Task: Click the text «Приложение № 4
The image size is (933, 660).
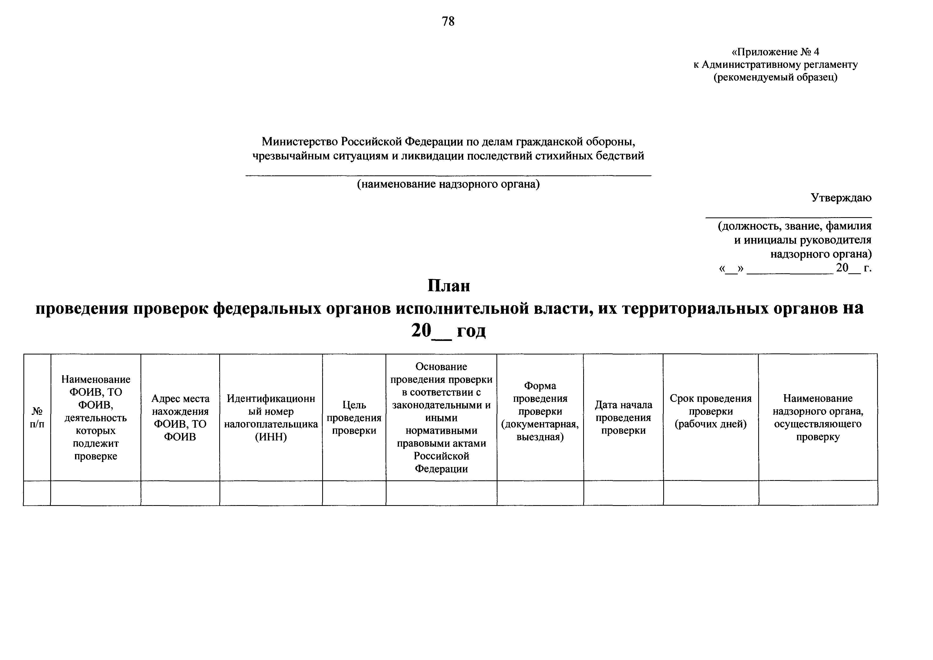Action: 775,52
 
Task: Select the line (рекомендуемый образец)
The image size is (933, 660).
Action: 775,77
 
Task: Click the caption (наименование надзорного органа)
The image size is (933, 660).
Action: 448,184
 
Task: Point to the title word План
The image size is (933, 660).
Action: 449,286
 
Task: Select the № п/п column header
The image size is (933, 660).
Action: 37,417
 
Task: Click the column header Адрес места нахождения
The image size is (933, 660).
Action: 180,405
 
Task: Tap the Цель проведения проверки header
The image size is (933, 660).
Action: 354,417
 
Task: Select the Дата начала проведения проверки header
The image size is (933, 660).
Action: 623,417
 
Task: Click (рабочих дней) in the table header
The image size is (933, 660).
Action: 710,424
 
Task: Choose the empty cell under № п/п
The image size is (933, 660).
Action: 37,493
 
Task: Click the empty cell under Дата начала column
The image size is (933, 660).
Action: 623,493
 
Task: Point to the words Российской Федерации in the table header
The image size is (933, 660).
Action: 441,463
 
